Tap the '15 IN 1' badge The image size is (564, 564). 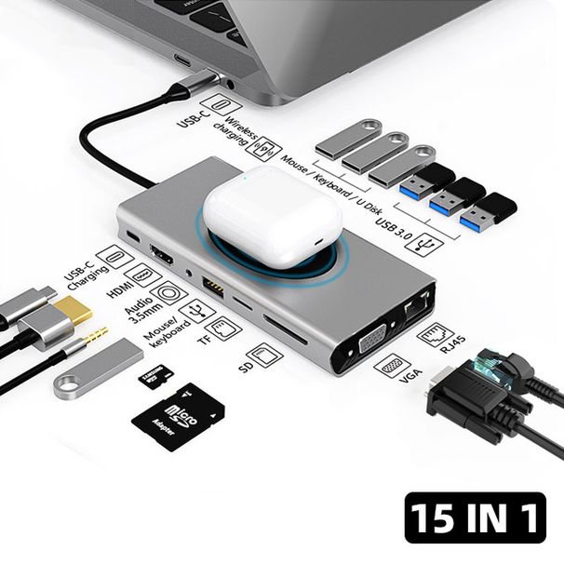pyautogui.click(x=475, y=517)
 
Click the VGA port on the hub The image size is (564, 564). pyautogui.click(x=370, y=342)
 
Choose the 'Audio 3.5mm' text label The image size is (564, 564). pyautogui.click(x=144, y=303)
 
